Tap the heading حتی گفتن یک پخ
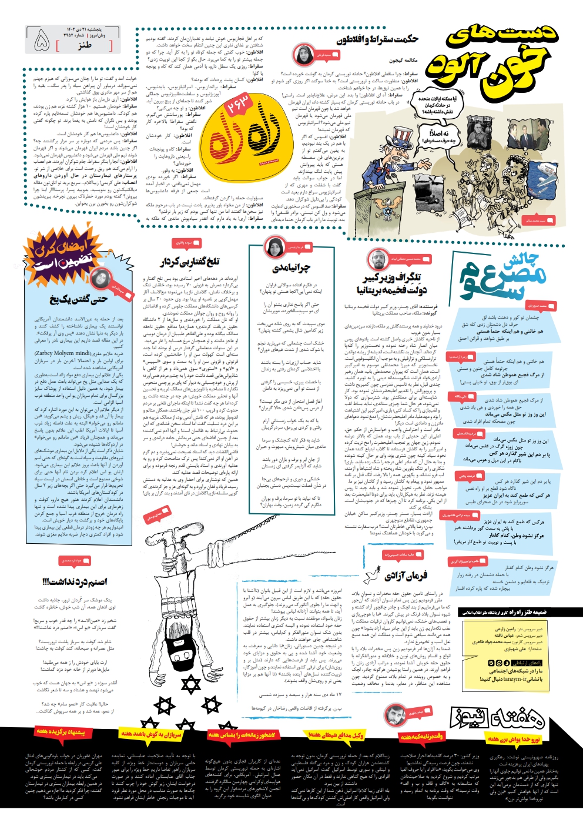[x=78, y=299]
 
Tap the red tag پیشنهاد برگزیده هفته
[x=60, y=732]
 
